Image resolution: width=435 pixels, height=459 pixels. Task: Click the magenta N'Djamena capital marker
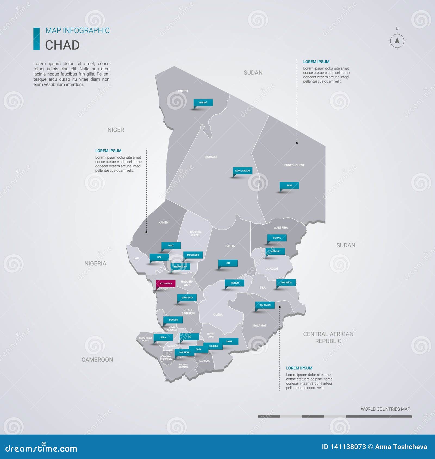coord(166,284)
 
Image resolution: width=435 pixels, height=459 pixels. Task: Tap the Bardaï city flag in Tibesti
coord(203,103)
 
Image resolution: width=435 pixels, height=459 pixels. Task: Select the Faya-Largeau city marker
coord(243,171)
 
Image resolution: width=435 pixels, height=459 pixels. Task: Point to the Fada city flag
coord(289,186)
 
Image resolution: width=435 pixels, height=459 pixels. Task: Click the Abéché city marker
coord(275,251)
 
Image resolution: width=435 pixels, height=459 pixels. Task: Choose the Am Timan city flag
coord(265,305)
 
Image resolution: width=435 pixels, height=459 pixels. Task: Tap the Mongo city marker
coord(234,283)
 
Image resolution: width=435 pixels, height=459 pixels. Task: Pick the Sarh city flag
coord(229,341)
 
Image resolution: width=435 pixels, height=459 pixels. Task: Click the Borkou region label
coord(211,157)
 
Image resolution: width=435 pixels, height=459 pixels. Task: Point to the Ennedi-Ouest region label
coord(294,165)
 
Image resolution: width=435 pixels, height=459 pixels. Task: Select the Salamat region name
coord(260,325)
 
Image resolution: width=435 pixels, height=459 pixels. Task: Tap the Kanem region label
coord(163,222)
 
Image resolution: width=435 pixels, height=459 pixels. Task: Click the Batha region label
coord(230,246)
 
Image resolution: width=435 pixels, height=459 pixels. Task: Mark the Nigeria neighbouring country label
coord(95,263)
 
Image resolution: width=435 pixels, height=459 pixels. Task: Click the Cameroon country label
coord(97,360)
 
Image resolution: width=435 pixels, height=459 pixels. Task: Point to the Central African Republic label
coord(328,337)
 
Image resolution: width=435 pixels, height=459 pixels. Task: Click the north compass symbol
coord(397,41)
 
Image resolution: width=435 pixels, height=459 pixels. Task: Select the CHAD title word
coord(62,45)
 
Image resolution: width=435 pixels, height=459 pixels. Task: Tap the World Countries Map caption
coord(385,409)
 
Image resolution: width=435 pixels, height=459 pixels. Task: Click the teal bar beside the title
coord(36,39)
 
